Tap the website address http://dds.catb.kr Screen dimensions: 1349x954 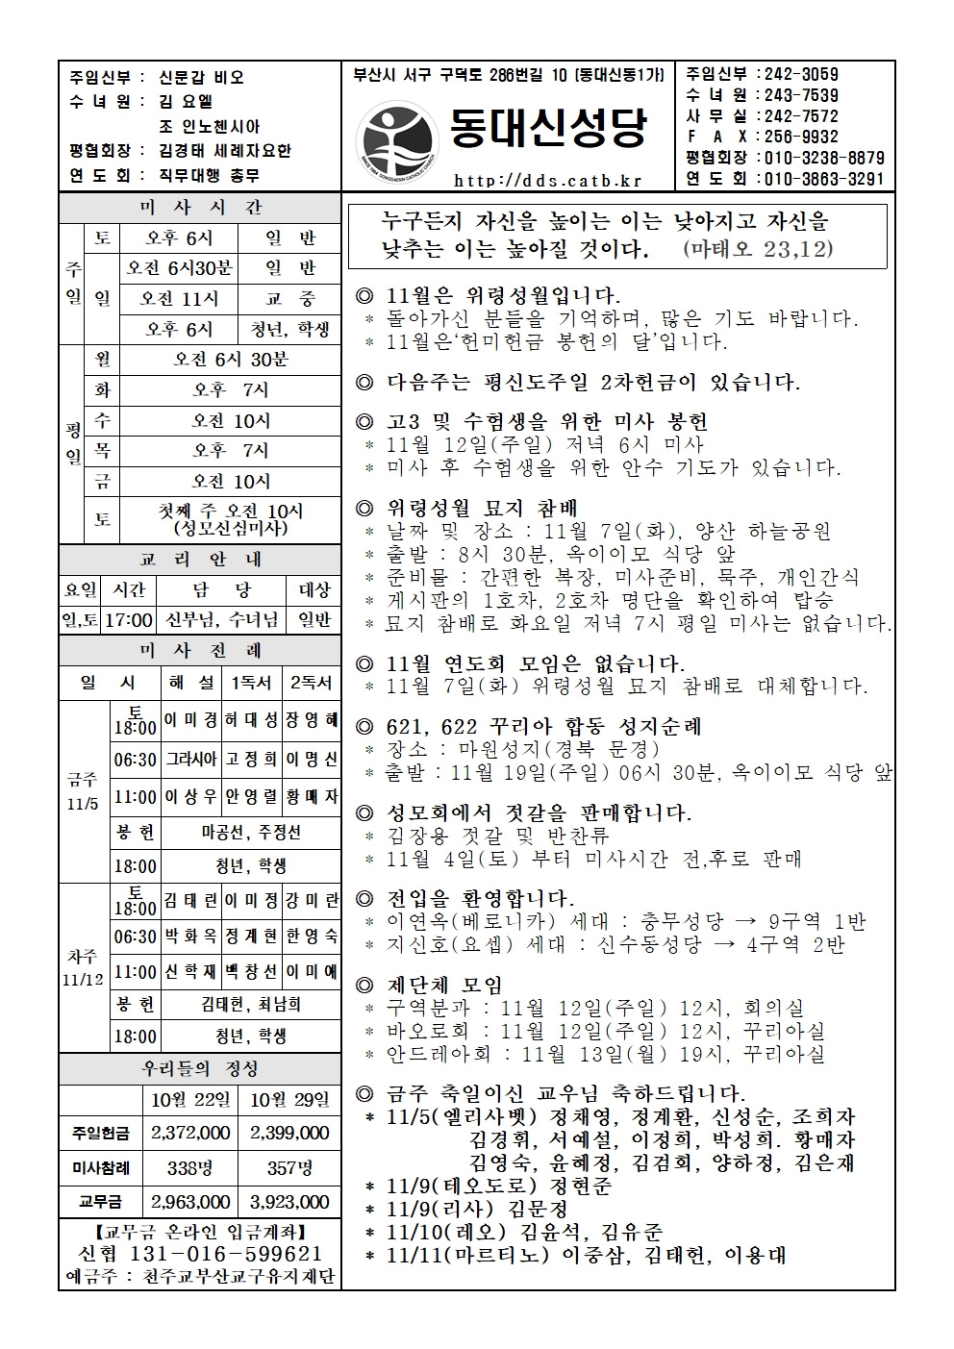(x=547, y=180)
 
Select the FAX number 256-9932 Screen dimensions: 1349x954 (x=798, y=137)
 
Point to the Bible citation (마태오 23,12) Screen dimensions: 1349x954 (x=758, y=249)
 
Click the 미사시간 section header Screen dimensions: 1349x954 (x=200, y=208)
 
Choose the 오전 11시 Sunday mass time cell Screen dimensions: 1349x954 (x=180, y=299)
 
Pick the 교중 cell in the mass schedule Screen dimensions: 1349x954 (x=290, y=299)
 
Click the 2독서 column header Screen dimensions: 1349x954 (x=312, y=682)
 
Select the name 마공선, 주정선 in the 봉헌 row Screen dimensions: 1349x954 (x=251, y=832)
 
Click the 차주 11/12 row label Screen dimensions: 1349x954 (x=84, y=967)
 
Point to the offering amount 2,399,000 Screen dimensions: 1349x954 (x=289, y=1134)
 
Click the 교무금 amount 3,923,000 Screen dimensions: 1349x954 (x=289, y=1202)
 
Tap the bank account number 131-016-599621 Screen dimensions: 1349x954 (x=226, y=1254)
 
